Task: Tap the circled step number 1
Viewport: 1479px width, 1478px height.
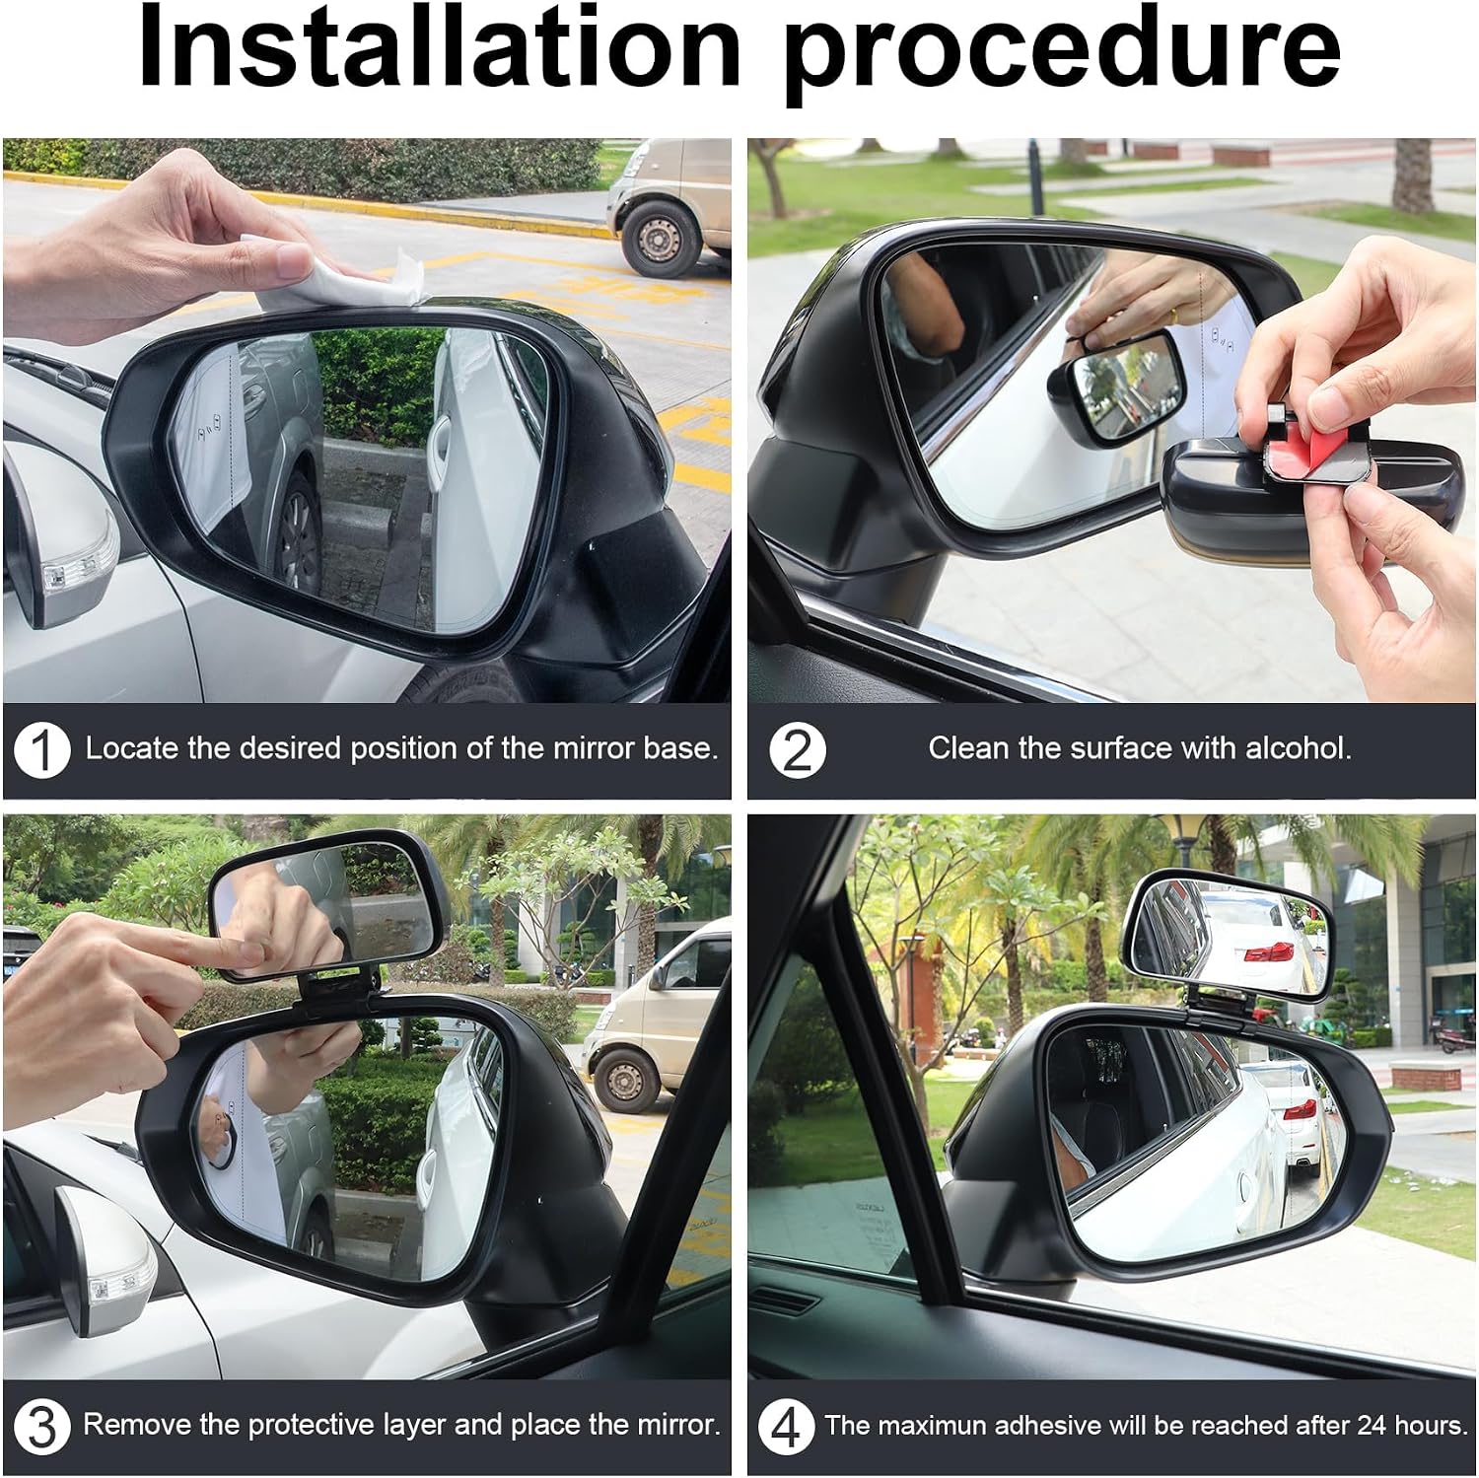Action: [x=41, y=750]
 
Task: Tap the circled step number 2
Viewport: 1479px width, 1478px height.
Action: [x=797, y=750]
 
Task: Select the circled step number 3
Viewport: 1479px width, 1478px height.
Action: [x=41, y=1427]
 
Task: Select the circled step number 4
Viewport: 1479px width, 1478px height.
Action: [x=786, y=1427]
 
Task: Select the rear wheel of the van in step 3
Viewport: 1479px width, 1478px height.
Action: [x=626, y=1080]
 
